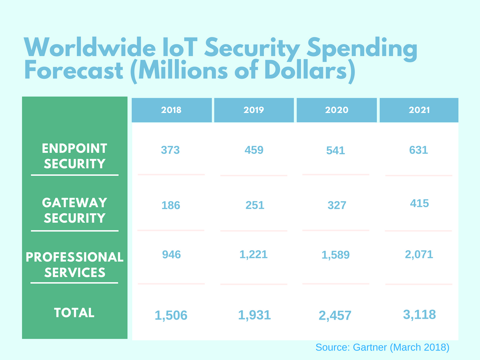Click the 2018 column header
click(171, 110)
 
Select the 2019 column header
click(254, 110)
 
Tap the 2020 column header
click(337, 110)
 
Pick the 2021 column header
click(419, 110)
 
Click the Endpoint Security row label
click(75, 156)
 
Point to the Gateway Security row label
click(75, 210)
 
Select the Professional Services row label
click(75, 265)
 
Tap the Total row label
click(75, 313)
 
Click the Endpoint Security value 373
click(171, 150)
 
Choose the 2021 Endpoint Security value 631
click(419, 150)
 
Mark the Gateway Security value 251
click(255, 205)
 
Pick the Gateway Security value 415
click(419, 203)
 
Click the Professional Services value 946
click(171, 255)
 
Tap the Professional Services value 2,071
click(419, 255)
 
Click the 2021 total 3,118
click(419, 315)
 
